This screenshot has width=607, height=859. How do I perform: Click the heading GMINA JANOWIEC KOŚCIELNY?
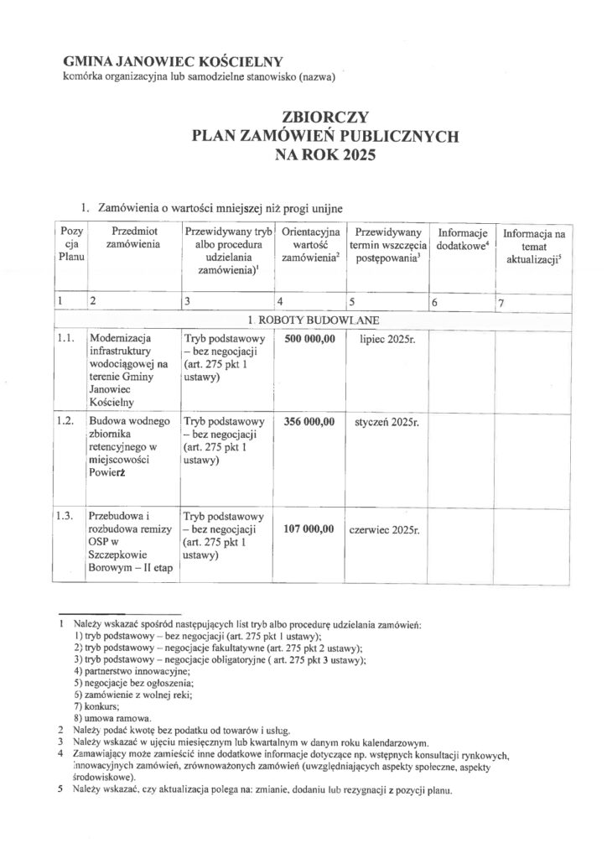(174, 61)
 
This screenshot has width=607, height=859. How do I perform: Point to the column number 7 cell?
(501, 303)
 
